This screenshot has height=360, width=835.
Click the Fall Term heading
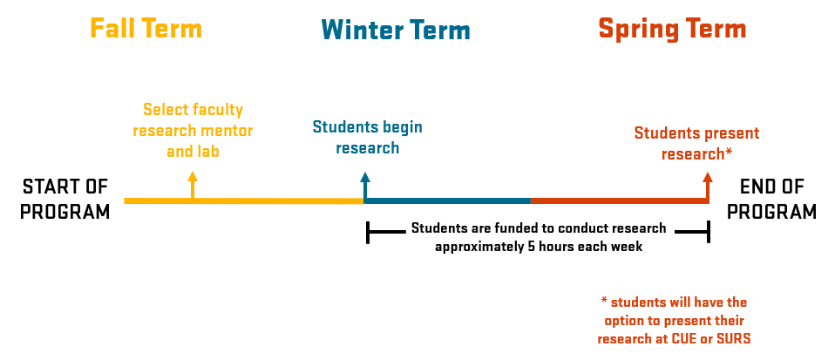pos(146,29)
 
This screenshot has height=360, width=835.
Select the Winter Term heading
pos(396,31)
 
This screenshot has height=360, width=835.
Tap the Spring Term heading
pos(671,30)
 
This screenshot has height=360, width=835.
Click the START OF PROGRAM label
pos(66,200)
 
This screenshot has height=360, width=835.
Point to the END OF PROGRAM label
pos(771,200)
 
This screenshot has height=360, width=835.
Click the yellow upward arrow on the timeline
pos(193,185)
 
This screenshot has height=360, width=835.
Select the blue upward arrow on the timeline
pos(364,185)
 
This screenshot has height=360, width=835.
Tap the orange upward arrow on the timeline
pos(708,185)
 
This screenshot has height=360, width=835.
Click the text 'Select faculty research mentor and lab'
pos(193,130)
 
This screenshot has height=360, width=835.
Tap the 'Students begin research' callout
pos(367,137)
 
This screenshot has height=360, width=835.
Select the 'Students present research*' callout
pos(696,143)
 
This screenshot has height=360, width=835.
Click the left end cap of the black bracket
pos(369,232)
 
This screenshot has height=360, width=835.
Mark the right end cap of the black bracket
pos(708,232)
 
